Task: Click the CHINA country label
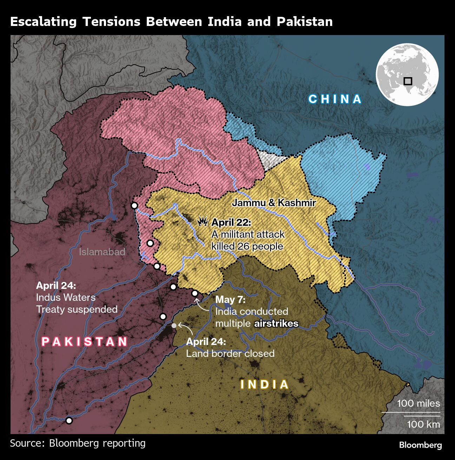(335, 99)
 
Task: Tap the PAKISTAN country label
(85, 341)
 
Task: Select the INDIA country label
(265, 385)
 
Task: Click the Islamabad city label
(102, 252)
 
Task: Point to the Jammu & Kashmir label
(274, 203)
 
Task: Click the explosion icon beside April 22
(203, 222)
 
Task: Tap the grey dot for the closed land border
(174, 325)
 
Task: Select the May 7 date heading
(230, 299)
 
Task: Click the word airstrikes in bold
(276, 323)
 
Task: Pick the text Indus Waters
(66, 297)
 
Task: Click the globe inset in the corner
(407, 74)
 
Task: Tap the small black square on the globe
(408, 81)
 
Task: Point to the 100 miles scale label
(418, 403)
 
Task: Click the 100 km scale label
(423, 424)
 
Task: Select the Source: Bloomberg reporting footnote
(78, 443)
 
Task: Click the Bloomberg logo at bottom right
(420, 445)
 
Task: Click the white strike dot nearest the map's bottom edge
(69, 420)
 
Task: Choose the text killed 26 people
(247, 246)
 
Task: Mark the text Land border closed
(230, 353)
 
